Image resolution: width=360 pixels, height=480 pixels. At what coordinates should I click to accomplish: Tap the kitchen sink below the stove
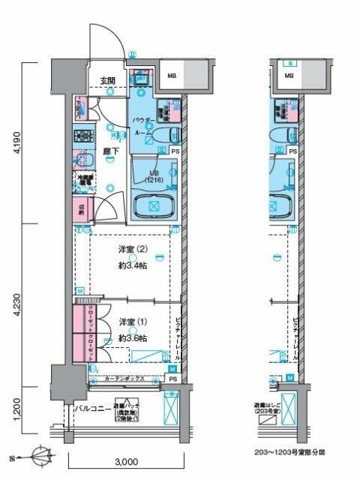click(x=81, y=160)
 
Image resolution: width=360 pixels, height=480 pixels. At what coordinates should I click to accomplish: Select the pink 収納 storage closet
click(x=81, y=211)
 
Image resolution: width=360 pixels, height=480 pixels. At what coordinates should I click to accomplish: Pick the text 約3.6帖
click(x=132, y=338)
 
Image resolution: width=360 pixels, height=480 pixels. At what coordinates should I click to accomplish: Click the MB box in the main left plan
click(x=172, y=76)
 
